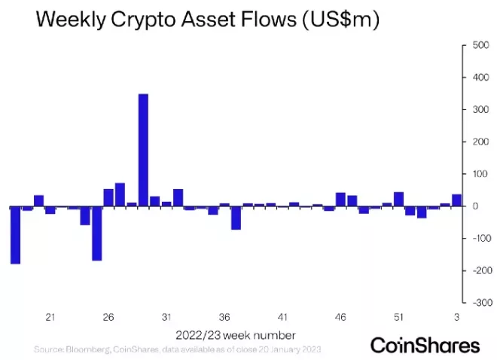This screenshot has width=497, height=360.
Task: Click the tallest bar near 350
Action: (x=143, y=150)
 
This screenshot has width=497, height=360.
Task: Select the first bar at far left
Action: (x=15, y=235)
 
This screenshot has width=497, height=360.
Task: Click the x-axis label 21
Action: (x=51, y=317)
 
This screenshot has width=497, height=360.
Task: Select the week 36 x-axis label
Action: (x=224, y=317)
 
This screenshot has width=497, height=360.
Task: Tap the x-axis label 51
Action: (x=398, y=317)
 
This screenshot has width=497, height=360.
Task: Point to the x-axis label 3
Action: (x=457, y=317)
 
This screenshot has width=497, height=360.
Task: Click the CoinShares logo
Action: (x=425, y=346)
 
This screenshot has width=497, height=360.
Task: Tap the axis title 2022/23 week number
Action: (x=236, y=334)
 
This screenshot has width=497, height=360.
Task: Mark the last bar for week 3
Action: (x=456, y=200)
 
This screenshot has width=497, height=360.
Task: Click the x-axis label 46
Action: (x=340, y=317)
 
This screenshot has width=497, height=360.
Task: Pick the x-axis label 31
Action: (x=166, y=317)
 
